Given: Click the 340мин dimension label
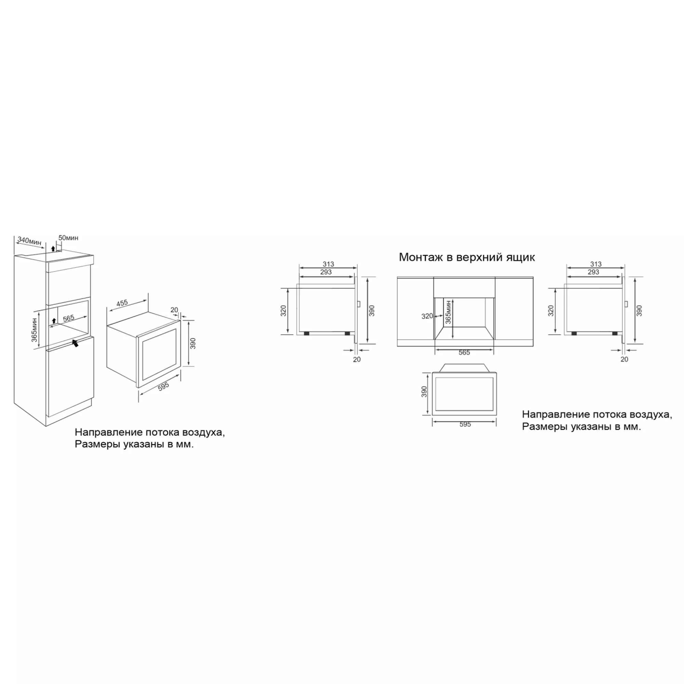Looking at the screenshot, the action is click(x=29, y=241).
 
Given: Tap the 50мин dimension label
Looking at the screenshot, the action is click(x=68, y=238).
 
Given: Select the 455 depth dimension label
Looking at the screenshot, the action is click(x=122, y=303).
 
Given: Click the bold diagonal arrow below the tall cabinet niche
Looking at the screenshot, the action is click(x=75, y=343).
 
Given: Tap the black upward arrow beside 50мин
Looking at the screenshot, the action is click(x=53, y=248).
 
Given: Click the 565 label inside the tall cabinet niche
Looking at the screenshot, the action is click(x=69, y=318).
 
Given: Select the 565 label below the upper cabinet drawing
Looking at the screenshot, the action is click(x=464, y=353).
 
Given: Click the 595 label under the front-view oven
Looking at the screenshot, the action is click(x=465, y=424).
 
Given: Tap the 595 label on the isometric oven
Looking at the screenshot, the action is click(x=163, y=386).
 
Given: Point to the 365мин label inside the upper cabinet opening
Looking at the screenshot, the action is click(x=448, y=312).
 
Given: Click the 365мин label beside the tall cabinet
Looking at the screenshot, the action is click(x=34, y=330).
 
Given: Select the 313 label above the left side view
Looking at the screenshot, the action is click(x=328, y=264).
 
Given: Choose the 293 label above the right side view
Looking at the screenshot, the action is click(x=593, y=272).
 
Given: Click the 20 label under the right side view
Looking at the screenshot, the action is click(x=624, y=359).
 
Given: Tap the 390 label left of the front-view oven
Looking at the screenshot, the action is click(x=424, y=392).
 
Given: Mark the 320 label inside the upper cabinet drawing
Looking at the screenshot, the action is click(x=427, y=316).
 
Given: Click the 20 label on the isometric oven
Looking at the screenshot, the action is click(x=174, y=310).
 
